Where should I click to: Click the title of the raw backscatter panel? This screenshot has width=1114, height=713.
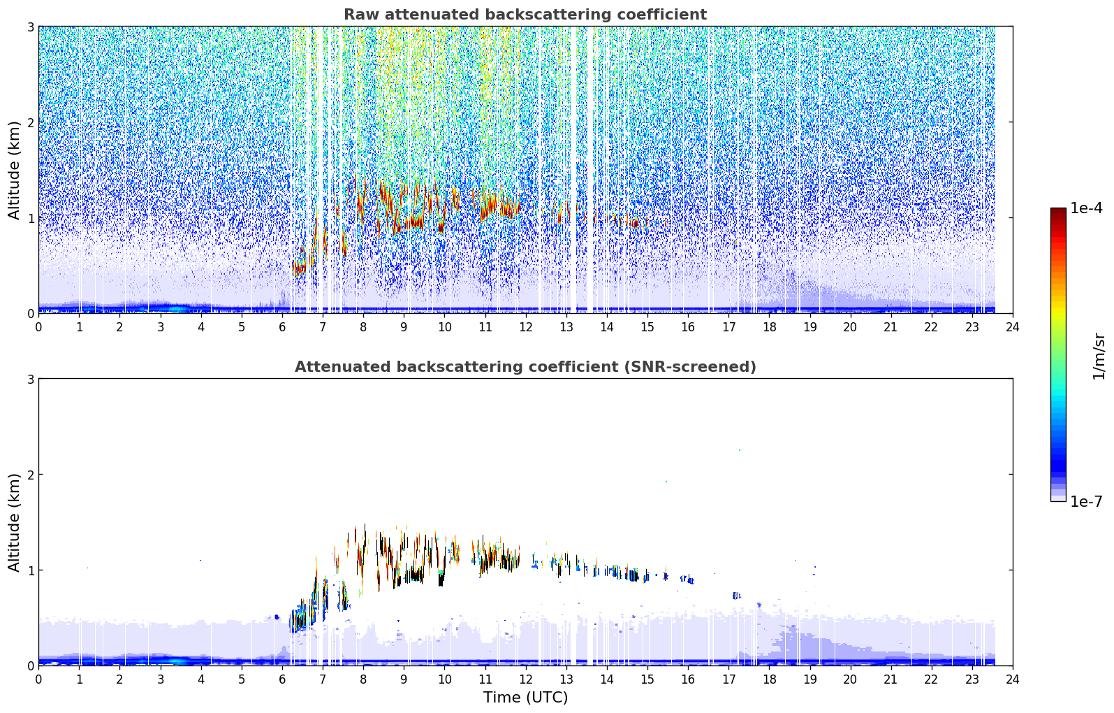tap(525, 15)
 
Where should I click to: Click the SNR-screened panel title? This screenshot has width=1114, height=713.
tap(525, 367)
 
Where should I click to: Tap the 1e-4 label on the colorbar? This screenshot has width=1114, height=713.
tap(1086, 208)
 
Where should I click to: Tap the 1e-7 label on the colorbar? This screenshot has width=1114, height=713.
tap(1086, 501)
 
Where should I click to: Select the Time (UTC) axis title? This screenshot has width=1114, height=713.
tap(525, 698)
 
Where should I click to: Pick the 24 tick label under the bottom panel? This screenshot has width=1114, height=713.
tap(1013, 679)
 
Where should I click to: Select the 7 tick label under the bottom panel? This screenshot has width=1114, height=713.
tap(323, 679)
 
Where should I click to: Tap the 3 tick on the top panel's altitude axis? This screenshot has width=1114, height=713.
tap(30, 27)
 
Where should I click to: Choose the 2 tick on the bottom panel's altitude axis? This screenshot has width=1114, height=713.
tap(30, 475)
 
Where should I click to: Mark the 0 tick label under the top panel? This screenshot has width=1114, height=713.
tap(39, 327)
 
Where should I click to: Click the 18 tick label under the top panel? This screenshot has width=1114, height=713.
tap(770, 327)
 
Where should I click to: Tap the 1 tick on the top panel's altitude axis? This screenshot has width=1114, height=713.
tap(30, 217)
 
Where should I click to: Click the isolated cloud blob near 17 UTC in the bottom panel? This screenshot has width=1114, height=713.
tap(737, 596)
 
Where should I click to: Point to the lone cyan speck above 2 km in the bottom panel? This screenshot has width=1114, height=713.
tap(740, 450)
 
